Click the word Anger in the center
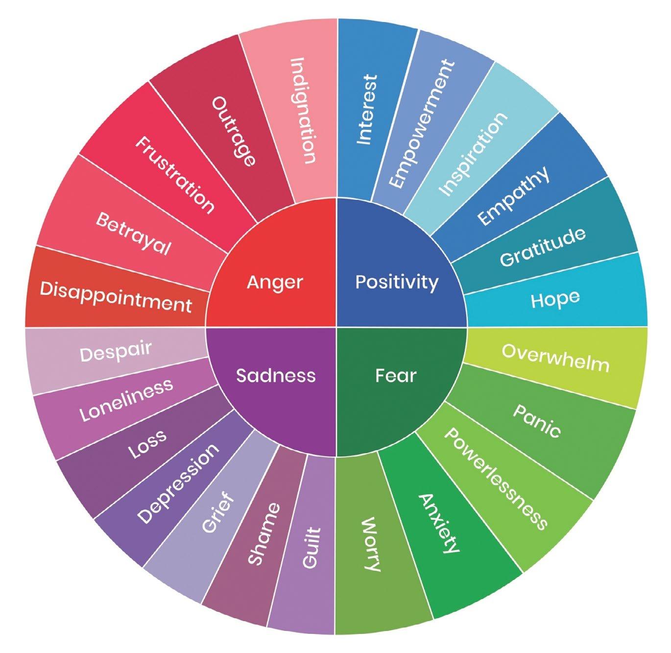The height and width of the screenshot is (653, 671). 275,283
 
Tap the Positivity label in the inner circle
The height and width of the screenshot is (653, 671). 397,282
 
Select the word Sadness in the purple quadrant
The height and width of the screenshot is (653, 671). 276,375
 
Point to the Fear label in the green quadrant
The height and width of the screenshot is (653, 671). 396,376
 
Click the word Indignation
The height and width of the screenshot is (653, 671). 303,110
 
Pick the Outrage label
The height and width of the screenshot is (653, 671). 234,131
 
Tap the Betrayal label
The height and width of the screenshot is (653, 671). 133,234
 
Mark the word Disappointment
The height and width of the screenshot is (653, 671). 116,297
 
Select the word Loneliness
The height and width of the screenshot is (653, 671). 127,400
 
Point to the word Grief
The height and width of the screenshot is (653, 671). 218,514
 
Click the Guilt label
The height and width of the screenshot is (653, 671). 311,548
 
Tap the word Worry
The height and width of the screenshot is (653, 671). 371,544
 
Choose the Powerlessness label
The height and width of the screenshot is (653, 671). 495,479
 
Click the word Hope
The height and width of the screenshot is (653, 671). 555,299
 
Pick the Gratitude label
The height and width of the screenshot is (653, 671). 543,246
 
